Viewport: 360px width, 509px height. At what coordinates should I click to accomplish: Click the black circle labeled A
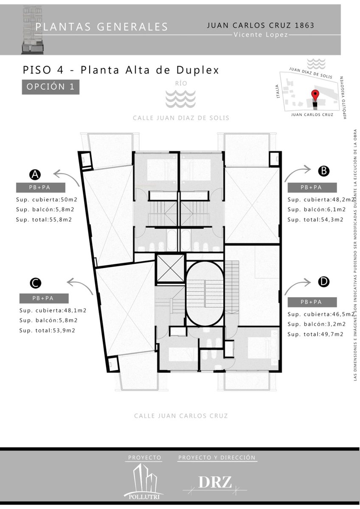tap(35, 175)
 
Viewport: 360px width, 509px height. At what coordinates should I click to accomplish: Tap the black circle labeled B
tap(323, 171)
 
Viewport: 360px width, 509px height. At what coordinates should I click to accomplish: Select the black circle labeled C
tap(36, 283)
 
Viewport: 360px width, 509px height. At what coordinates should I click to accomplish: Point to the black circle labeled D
tap(323, 282)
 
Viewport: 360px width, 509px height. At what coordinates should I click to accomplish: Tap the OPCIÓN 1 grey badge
tap(51, 87)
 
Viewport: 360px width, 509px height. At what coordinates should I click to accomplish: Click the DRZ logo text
tap(215, 482)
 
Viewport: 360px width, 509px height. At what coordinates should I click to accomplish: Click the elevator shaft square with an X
tap(170, 268)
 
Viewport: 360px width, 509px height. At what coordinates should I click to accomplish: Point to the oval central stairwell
tap(205, 294)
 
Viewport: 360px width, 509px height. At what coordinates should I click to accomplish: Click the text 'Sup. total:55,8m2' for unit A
tap(44, 220)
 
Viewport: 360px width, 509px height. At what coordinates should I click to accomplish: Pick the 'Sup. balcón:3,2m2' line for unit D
tap(317, 324)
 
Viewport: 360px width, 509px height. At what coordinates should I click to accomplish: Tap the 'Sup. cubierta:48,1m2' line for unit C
tap(53, 310)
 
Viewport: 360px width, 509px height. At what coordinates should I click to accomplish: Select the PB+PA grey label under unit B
tap(312, 187)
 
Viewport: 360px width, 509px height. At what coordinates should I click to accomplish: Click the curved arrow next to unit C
tap(80, 286)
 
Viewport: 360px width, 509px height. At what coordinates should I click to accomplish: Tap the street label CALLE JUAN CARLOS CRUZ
tap(181, 416)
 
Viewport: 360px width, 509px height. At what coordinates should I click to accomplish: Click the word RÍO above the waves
tap(181, 84)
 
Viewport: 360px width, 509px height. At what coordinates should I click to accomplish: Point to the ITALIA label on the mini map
tap(278, 91)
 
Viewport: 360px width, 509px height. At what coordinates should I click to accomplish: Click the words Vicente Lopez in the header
tap(261, 35)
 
